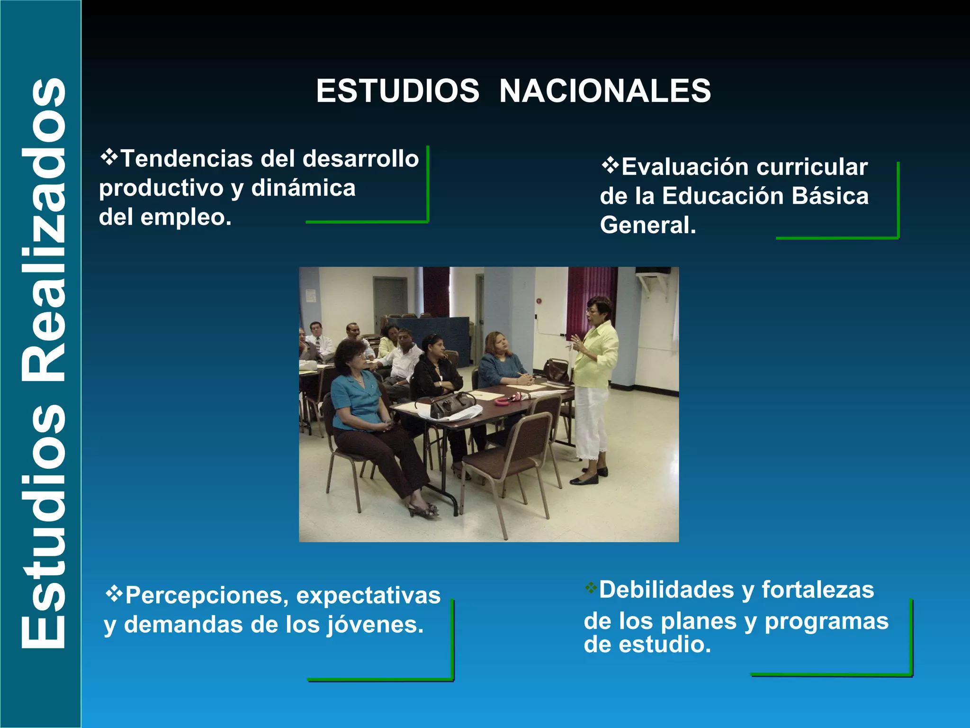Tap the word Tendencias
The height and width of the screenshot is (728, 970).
[x=187, y=159]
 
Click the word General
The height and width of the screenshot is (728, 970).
[x=647, y=225]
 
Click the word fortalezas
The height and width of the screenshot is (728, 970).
[x=817, y=590]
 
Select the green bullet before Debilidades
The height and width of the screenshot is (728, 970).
[x=591, y=588]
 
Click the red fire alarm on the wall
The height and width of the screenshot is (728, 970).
[x=539, y=300]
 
